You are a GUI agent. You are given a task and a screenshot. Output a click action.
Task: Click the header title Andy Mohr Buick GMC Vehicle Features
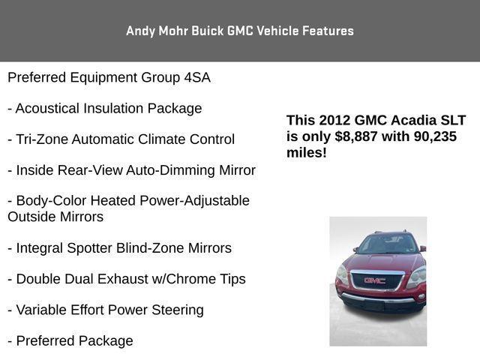[x=240, y=31]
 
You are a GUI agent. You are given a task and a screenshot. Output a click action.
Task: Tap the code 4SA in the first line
[x=197, y=77]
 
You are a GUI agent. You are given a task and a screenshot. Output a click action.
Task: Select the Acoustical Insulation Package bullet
[x=105, y=108]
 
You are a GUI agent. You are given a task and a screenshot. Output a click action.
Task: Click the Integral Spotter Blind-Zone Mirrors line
[x=120, y=247]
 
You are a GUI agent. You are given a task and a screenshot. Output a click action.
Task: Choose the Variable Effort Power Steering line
[x=106, y=310]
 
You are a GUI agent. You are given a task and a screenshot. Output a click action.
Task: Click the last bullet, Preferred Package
[x=70, y=341]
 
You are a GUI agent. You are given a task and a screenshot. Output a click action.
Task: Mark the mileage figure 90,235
[x=430, y=136]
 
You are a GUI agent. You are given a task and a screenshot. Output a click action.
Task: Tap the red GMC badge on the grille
[x=374, y=280]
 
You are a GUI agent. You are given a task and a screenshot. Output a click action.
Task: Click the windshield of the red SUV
[x=385, y=245]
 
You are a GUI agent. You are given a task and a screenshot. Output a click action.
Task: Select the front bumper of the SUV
[x=379, y=299]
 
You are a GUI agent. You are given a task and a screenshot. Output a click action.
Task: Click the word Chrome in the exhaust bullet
[x=196, y=279]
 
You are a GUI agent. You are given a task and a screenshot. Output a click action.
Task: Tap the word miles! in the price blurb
[x=306, y=152]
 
